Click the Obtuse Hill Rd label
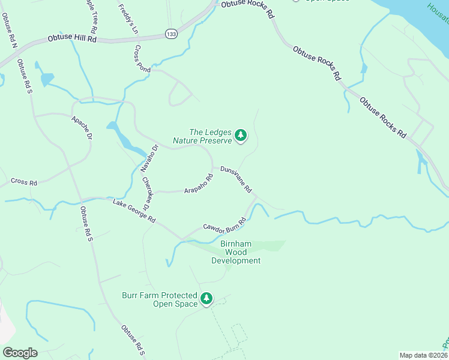tap(72, 39)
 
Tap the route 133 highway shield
tap(172, 34)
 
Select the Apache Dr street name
tap(82, 128)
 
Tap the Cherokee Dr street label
tap(145, 190)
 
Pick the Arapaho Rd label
tap(199, 183)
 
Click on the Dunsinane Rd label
tap(235, 178)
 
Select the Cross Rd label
tap(24, 182)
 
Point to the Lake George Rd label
tap(134, 211)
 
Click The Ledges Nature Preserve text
tap(202, 136)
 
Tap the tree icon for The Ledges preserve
tap(241, 136)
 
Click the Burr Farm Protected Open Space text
tap(160, 299)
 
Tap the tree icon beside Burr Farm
tap(206, 298)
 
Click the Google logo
tap(20, 352)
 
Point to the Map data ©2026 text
tap(423, 355)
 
